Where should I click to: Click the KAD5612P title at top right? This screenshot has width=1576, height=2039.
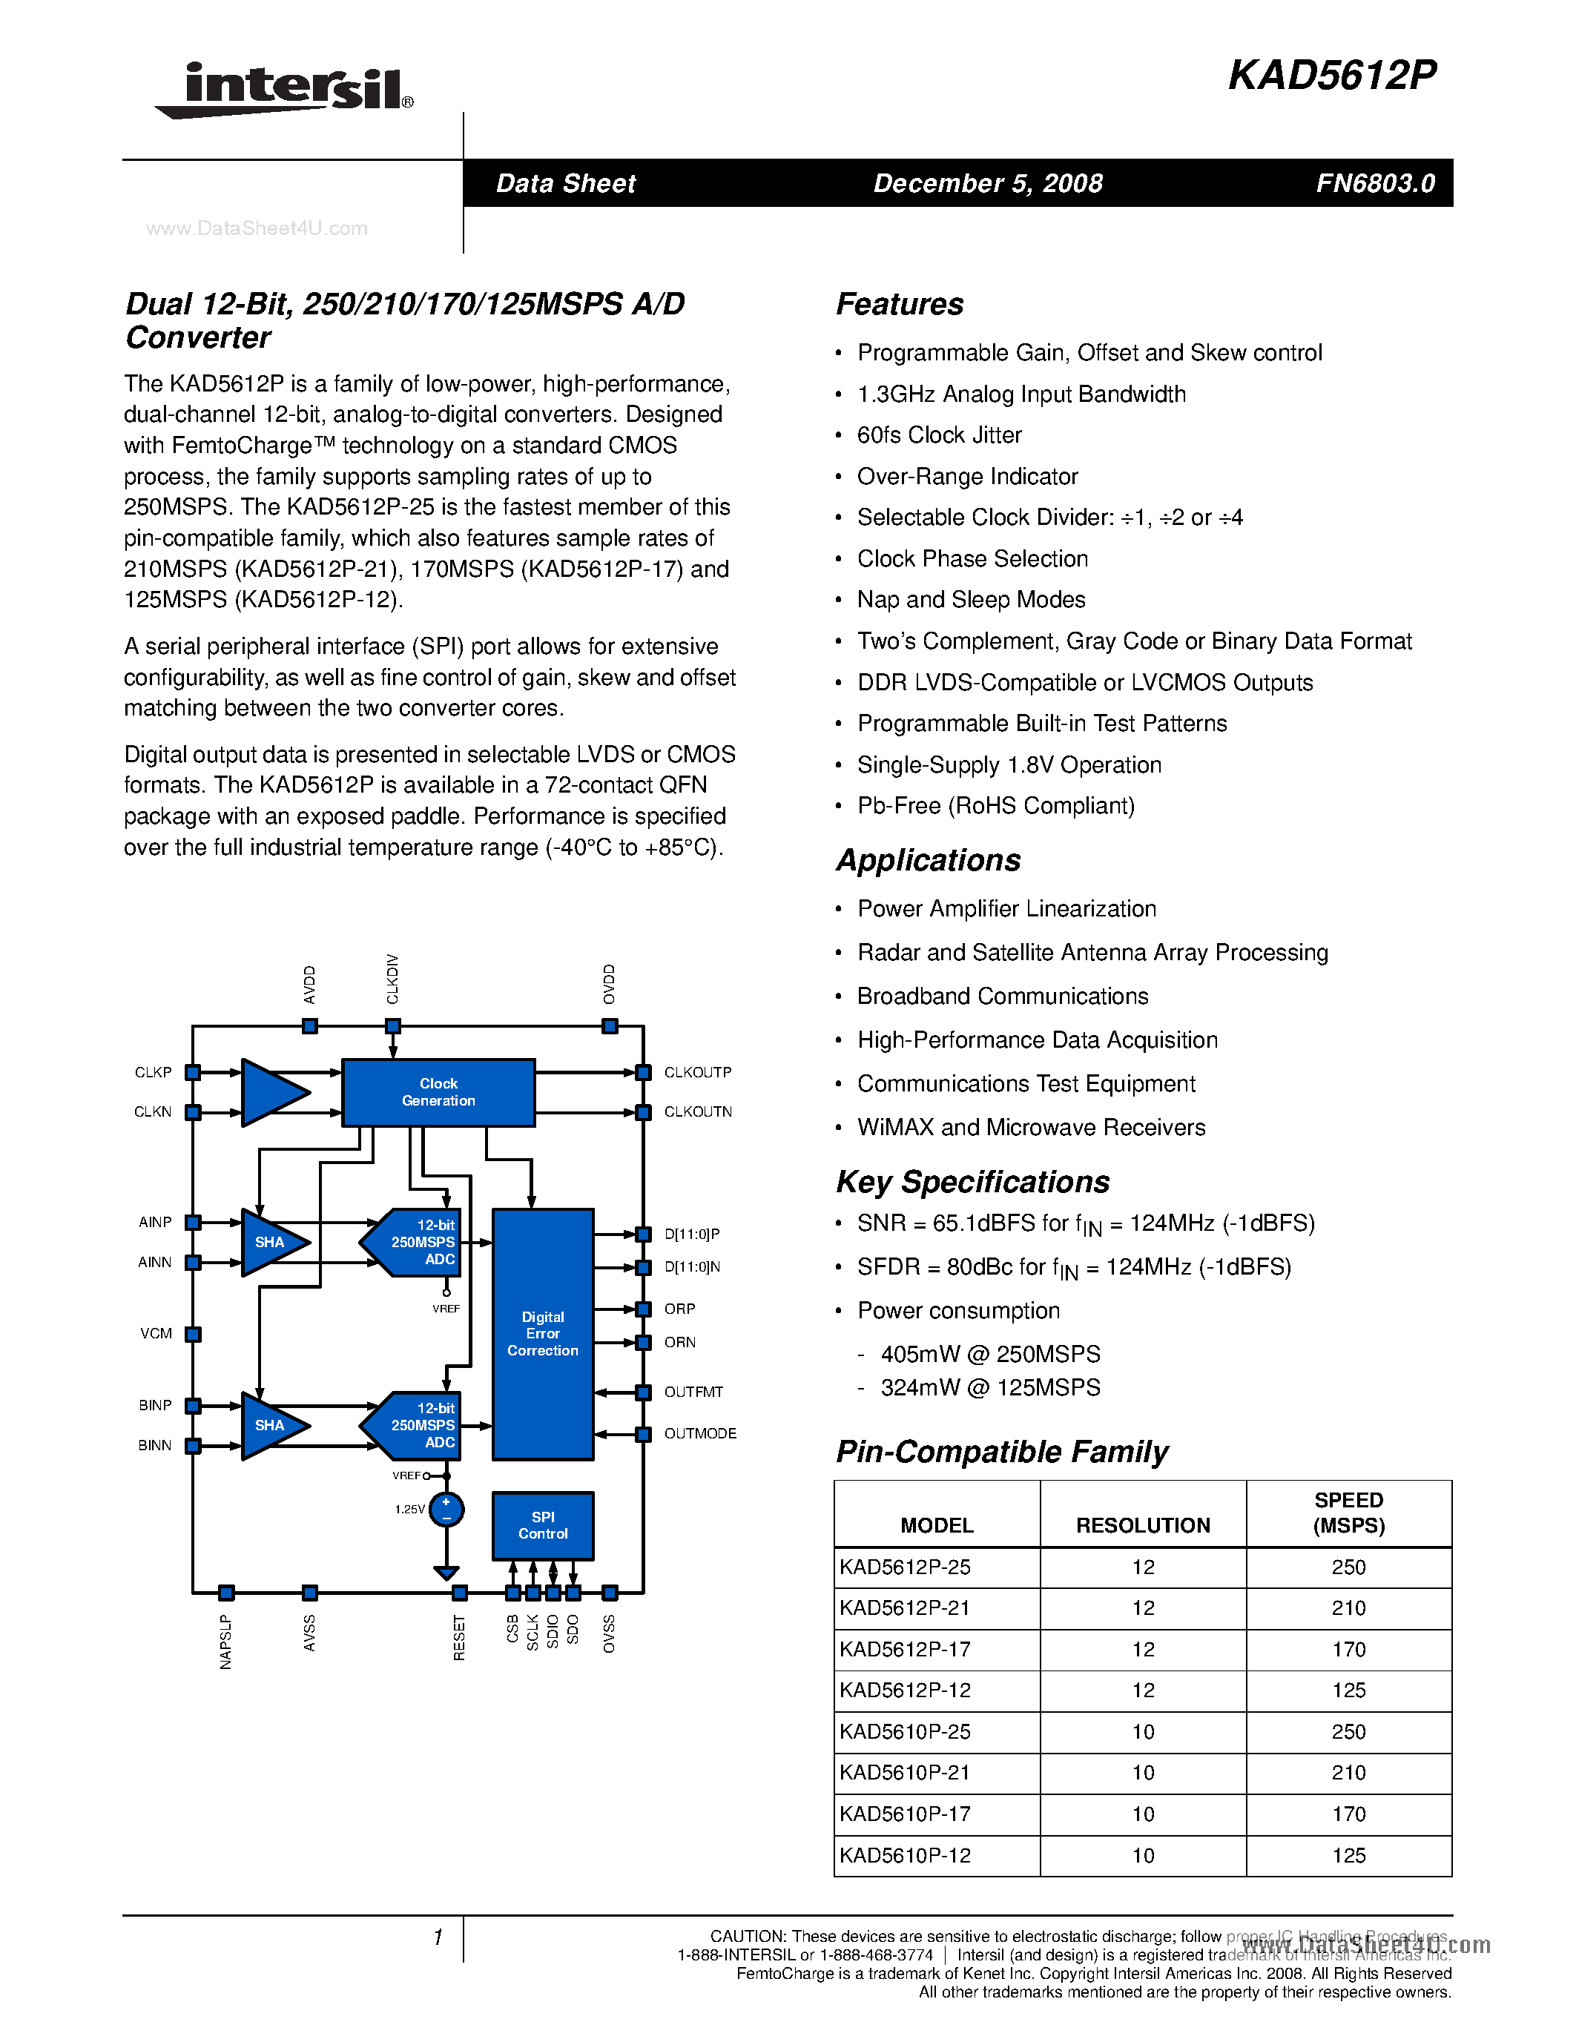pos(1331,76)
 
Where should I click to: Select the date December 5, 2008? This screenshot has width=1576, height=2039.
pos(988,183)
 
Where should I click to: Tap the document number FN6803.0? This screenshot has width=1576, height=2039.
pos(1374,183)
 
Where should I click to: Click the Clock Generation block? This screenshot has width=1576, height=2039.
pos(438,1092)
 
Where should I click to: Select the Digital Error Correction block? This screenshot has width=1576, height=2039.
pos(542,1333)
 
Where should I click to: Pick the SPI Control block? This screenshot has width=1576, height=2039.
pos(542,1525)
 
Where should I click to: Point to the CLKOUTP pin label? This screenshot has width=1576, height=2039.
pos(697,1073)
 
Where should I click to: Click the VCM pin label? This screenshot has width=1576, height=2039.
pos(156,1333)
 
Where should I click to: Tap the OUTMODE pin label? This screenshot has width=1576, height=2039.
pos(700,1433)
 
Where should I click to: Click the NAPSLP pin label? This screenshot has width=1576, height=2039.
pos(225,1642)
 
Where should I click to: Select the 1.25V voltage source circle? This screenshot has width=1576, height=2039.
pos(446,1510)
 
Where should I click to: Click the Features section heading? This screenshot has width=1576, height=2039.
pos(899,304)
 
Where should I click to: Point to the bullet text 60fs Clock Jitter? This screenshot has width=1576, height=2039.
pos(939,435)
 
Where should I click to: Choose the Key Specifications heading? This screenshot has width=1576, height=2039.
pos(973,1182)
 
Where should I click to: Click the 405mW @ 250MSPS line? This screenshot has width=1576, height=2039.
pos(989,1355)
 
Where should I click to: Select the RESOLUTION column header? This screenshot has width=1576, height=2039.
pos(1143,1525)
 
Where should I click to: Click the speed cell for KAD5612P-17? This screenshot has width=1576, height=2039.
pos(1348,1649)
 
